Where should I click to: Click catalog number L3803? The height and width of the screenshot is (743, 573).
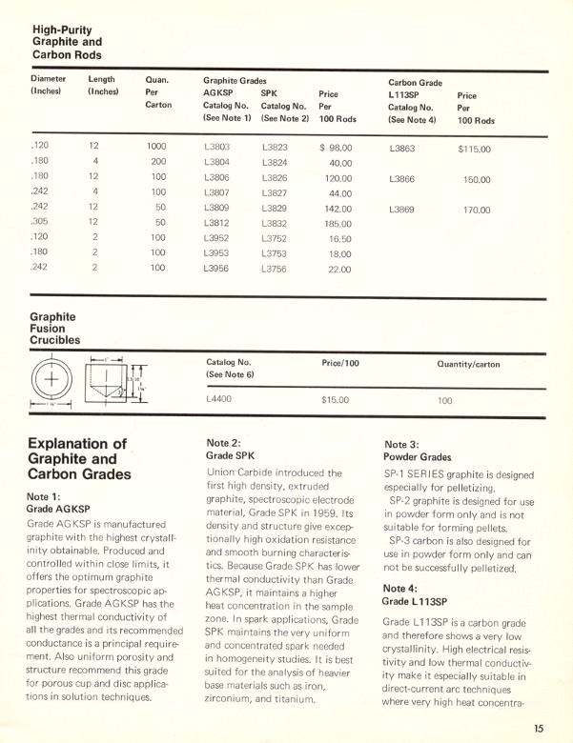216,149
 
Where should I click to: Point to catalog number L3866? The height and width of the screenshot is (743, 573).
401,179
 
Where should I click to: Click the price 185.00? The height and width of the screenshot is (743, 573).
338,224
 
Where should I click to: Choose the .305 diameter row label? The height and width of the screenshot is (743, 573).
40,223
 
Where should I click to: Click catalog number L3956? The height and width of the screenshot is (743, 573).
216,269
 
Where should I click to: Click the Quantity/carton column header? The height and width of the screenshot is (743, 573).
468,364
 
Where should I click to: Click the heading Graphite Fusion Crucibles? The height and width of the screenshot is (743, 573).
54,327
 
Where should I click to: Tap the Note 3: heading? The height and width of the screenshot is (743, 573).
402,444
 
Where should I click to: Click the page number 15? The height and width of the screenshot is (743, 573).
540,729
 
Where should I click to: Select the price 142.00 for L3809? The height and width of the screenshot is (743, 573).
338,209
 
